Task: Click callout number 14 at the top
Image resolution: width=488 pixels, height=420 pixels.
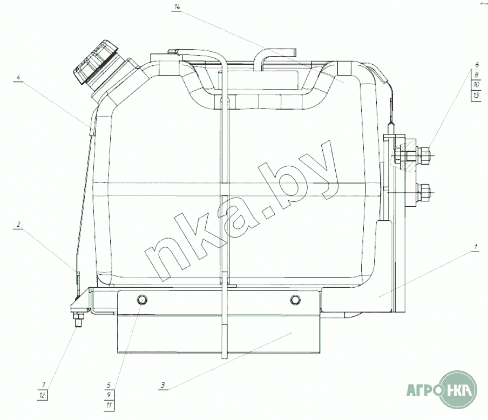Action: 177,7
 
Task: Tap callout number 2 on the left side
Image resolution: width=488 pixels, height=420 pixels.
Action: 19,225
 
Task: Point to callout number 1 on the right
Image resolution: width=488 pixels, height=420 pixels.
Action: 476,247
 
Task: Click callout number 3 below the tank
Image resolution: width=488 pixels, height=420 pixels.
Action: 163,385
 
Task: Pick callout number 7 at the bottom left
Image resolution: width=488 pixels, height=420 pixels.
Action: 43,385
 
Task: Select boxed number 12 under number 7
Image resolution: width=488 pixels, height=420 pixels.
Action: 42,395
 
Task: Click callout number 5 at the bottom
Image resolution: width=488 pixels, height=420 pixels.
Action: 109,385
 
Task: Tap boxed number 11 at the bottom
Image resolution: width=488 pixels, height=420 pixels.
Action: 109,405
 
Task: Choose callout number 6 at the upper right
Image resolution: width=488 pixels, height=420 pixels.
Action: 477,65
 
